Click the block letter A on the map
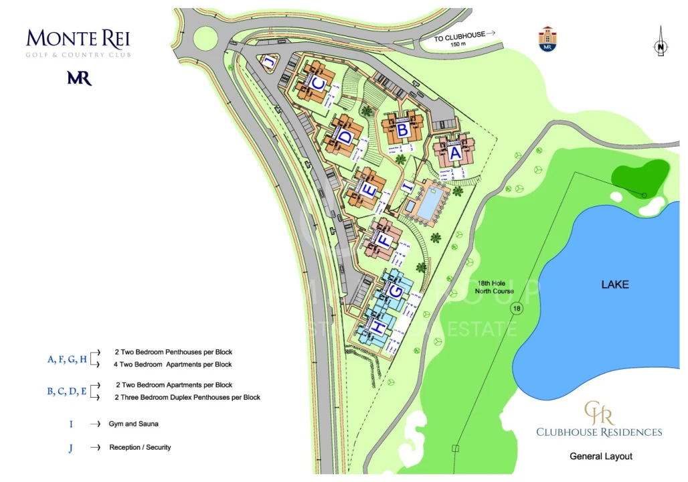[455, 153]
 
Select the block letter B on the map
[402, 129]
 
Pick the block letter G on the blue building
[396, 292]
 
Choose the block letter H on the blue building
[378, 327]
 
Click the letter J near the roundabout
[268, 62]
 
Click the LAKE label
[615, 285]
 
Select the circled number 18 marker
[515, 309]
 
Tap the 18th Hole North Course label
[496, 287]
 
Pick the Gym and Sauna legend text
[134, 424]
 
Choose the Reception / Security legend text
[140, 447]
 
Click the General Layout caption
[600, 457]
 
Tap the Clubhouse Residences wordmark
[598, 432]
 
